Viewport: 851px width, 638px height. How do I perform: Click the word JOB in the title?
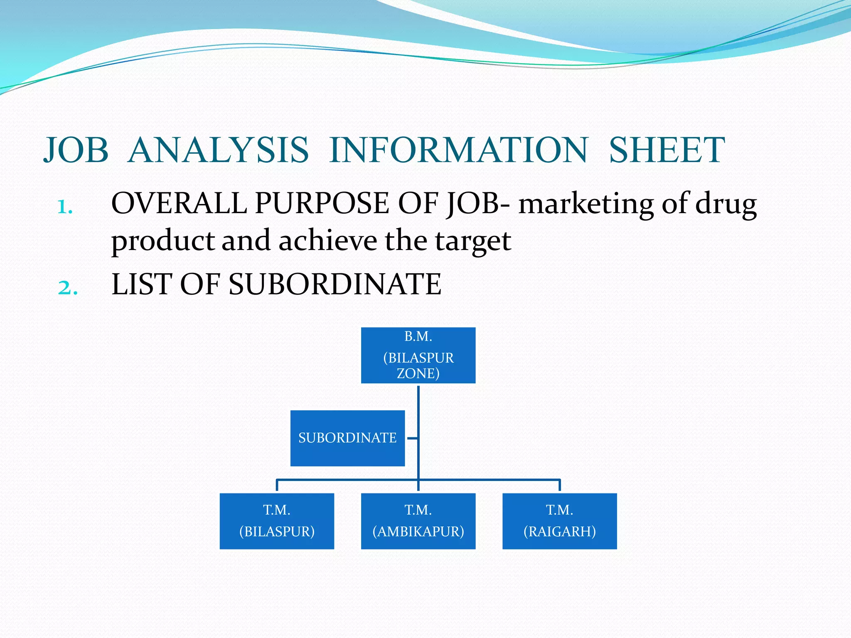pyautogui.click(x=76, y=150)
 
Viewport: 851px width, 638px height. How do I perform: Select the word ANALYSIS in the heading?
pyautogui.click(x=219, y=150)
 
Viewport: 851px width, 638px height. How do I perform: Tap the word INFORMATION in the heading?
pyautogui.click(x=458, y=150)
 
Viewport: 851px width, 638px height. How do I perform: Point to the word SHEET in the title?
pyautogui.click(x=667, y=150)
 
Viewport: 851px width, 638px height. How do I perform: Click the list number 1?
pyautogui.click(x=65, y=206)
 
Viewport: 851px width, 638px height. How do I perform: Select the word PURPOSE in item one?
pyautogui.click(x=322, y=204)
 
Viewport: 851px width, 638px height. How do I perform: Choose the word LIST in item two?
pyautogui.click(x=142, y=285)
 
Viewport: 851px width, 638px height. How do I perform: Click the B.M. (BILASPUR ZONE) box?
pyautogui.click(x=418, y=355)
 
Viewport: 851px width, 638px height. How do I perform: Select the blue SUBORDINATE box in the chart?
pyautogui.click(x=347, y=438)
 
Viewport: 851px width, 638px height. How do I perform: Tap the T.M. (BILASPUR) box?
pyautogui.click(x=277, y=521)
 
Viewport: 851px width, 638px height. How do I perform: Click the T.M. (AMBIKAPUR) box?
pyautogui.click(x=418, y=521)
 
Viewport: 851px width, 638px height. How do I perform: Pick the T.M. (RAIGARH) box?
pyautogui.click(x=559, y=521)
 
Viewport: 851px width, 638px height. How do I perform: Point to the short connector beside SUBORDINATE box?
pyautogui.click(x=412, y=438)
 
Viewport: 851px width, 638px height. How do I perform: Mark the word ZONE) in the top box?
pyautogui.click(x=418, y=373)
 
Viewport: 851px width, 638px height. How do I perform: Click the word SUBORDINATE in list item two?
pyautogui.click(x=335, y=285)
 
